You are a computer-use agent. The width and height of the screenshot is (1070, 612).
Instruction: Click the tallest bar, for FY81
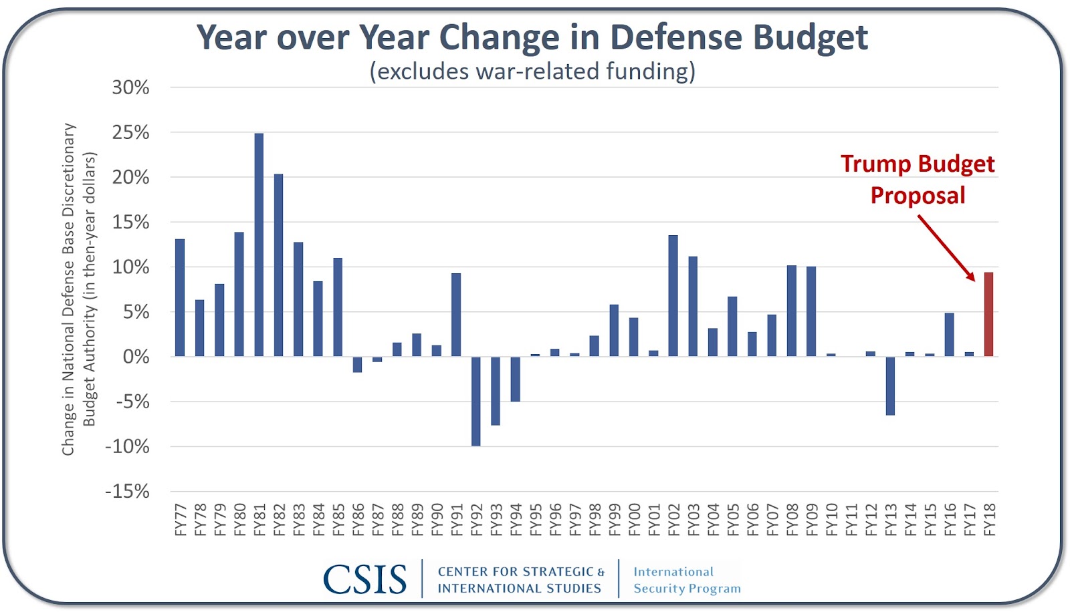[259, 245]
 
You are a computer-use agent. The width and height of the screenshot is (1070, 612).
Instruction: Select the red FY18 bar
[988, 314]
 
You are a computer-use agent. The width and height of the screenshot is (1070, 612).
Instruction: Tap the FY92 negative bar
[475, 401]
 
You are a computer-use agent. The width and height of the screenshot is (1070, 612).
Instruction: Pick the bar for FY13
[890, 386]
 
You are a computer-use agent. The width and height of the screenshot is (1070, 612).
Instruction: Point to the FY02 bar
[673, 295]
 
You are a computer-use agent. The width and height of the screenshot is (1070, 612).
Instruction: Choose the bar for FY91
[456, 314]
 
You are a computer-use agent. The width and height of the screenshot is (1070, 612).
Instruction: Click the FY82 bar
[278, 265]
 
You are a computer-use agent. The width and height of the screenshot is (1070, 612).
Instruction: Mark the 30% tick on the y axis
[130, 88]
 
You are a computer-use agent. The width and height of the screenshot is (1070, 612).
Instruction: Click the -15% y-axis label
[127, 492]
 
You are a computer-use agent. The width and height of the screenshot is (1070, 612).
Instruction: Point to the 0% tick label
[136, 357]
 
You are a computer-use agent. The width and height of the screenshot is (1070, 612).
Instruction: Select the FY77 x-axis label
[181, 520]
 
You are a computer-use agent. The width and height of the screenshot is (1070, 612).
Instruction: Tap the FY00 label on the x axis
[634, 520]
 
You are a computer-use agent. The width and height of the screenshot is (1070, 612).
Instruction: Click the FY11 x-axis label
[851, 520]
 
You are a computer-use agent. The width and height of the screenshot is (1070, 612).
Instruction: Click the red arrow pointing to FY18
[946, 247]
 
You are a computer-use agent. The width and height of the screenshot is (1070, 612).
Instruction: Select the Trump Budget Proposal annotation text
[918, 179]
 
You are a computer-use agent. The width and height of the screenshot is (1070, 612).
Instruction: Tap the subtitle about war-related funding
[532, 71]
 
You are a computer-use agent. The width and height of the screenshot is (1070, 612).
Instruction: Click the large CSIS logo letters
[365, 579]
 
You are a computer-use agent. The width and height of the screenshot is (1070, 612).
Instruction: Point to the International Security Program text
[687, 580]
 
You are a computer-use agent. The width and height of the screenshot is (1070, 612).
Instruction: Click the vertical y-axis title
[79, 289]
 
